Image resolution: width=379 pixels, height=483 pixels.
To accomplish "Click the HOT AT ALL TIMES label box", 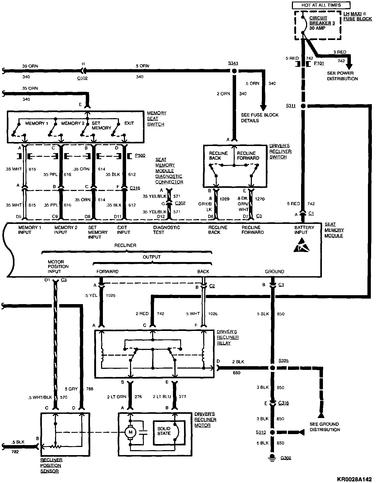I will [x=321, y=5].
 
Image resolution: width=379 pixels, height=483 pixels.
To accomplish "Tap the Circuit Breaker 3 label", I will [x=322, y=23].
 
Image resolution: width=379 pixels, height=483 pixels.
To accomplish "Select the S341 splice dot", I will [x=233, y=71].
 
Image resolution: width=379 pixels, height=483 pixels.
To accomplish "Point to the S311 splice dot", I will [x=303, y=106].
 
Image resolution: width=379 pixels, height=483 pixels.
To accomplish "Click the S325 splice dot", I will [x=273, y=368].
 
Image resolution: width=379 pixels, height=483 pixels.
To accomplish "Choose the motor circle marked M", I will [x=130, y=432].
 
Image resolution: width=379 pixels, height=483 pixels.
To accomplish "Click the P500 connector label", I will [x=140, y=155].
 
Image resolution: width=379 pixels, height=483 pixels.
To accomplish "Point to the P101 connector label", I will [x=319, y=63].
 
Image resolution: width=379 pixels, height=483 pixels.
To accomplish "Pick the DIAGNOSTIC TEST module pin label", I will [x=166, y=230].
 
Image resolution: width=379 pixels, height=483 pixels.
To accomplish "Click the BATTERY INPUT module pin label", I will [x=304, y=230].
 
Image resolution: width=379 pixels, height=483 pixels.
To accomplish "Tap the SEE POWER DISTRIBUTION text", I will [x=342, y=76].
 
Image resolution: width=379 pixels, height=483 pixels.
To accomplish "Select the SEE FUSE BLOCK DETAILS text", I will [x=260, y=118].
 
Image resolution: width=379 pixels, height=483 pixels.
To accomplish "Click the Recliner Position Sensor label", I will [x=51, y=465].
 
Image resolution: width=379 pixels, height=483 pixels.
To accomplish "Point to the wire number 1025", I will [x=111, y=295].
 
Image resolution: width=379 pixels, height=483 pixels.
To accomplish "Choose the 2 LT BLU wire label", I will [x=162, y=396].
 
